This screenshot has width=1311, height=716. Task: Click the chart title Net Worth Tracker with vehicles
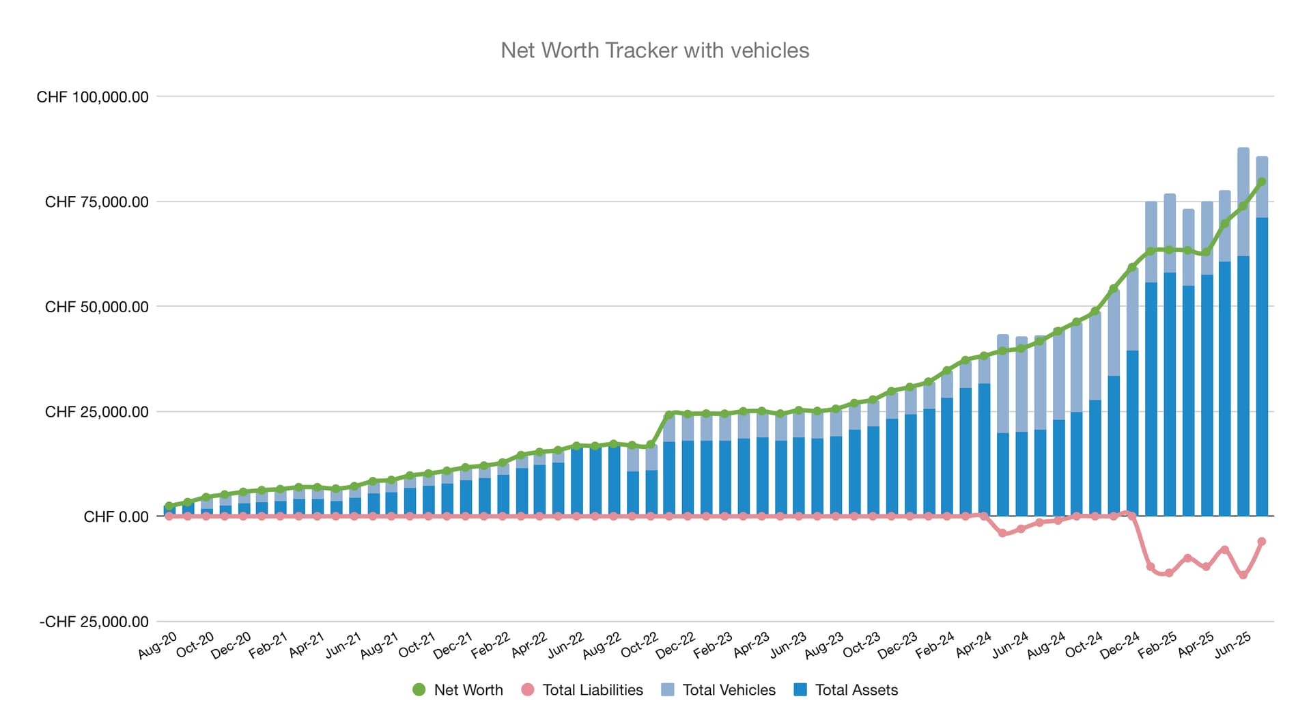[x=655, y=51]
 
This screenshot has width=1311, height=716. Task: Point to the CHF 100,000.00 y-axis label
[x=93, y=97]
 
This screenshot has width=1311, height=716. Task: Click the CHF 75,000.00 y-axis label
[x=97, y=202]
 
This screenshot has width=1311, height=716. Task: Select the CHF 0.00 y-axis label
[x=116, y=517]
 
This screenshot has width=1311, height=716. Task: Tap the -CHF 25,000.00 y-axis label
[x=94, y=622]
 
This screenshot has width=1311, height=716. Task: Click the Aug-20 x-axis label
[x=158, y=646]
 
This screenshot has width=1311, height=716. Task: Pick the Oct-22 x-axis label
[x=640, y=646]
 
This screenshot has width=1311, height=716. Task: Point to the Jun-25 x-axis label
[x=1232, y=646]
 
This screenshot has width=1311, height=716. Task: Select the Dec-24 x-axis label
[x=1120, y=646]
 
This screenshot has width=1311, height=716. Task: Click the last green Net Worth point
[x=1262, y=182]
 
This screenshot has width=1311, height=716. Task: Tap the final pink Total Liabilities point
[x=1262, y=542]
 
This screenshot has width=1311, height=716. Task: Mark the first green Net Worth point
[x=169, y=506]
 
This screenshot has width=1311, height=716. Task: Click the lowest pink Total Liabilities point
[x=1243, y=575]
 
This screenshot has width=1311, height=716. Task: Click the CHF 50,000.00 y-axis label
[x=97, y=307]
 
